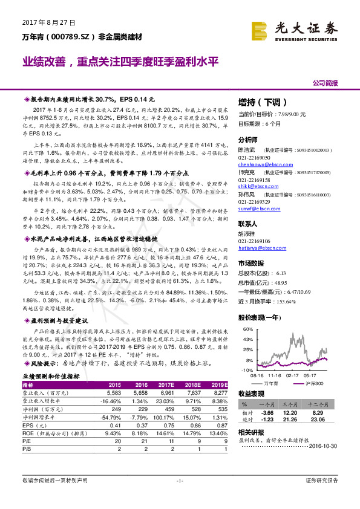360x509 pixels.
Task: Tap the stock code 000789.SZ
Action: click(x=71, y=37)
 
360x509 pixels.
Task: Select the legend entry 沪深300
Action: click(x=312, y=383)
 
